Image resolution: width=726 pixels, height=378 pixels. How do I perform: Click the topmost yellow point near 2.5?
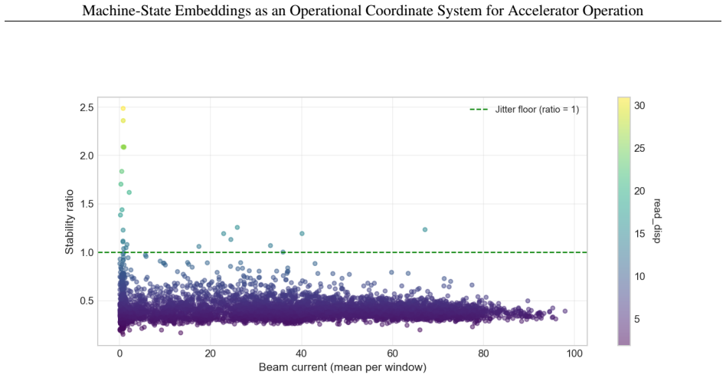(123, 109)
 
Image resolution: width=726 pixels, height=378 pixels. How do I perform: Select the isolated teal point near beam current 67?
(425, 229)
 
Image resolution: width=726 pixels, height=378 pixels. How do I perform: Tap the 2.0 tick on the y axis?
(87, 156)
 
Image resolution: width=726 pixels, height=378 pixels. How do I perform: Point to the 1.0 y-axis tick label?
(87, 252)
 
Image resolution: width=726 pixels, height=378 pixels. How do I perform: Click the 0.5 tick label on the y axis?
(87, 301)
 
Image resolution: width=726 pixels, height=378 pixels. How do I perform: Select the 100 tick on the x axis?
(574, 353)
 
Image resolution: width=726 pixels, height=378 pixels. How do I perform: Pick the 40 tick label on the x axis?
(302, 353)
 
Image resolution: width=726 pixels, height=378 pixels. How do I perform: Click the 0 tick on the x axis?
(119, 353)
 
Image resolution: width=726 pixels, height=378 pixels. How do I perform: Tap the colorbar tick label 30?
(639, 106)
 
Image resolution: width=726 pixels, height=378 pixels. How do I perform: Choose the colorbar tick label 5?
(637, 319)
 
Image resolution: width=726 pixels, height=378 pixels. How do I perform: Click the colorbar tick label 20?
(639, 191)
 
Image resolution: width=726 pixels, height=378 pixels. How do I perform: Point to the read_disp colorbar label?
(657, 221)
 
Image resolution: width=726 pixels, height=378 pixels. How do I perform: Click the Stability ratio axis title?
(70, 222)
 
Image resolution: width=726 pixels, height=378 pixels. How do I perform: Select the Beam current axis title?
(342, 367)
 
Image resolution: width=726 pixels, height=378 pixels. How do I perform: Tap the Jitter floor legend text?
(537, 110)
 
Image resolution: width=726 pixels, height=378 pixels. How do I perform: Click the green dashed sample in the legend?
(479, 110)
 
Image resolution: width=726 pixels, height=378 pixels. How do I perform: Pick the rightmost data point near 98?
(564, 311)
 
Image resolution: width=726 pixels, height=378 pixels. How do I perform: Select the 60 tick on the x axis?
(392, 353)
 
